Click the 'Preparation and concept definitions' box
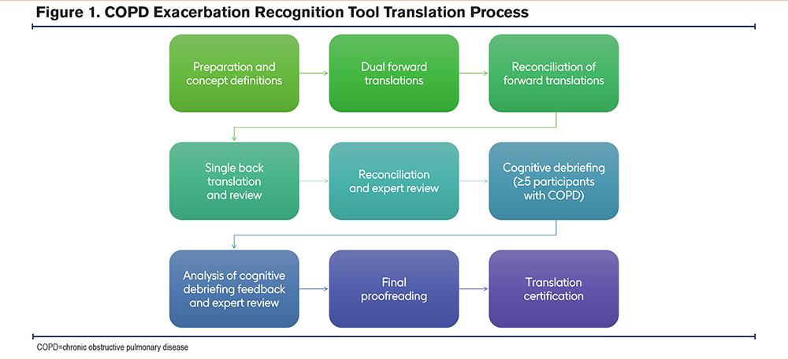click(234, 72)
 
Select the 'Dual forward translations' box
click(394, 72)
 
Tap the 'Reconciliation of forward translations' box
click(553, 72)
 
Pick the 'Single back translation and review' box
click(234, 180)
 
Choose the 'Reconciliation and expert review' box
click(394, 180)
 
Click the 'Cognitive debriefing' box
click(553, 180)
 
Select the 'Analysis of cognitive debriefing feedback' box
click(234, 288)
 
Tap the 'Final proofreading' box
click(394, 288)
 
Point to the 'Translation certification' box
click(553, 288)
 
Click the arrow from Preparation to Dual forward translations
click(314, 73)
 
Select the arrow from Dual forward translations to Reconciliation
click(474, 73)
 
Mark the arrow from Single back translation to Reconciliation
click(314, 181)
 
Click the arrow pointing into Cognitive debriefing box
click(474, 181)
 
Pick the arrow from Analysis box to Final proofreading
click(314, 289)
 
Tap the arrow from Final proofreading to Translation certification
click(474, 289)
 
